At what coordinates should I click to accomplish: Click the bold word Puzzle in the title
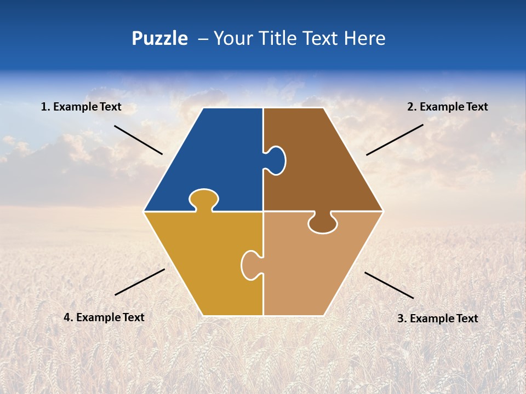tap(159, 38)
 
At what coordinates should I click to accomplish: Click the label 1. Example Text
tap(81, 107)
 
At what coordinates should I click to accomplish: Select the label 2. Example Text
tap(447, 107)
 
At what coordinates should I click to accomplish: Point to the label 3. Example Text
tap(437, 318)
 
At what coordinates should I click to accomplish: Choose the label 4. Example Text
tap(104, 317)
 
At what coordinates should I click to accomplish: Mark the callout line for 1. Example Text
tap(138, 140)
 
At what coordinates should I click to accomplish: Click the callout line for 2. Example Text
tap(395, 140)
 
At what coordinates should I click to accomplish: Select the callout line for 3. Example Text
tap(389, 285)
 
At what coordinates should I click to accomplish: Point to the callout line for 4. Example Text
tap(140, 282)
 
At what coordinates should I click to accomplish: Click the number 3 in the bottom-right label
tap(401, 318)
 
